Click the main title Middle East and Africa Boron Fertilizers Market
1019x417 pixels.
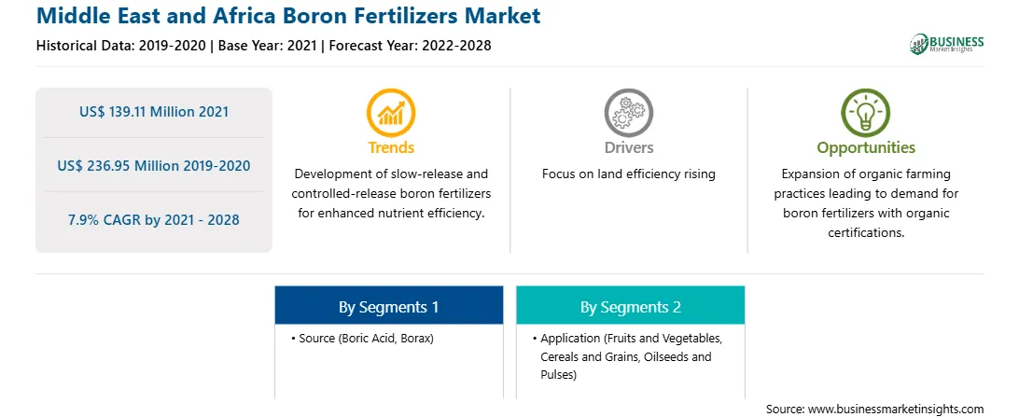point(288,16)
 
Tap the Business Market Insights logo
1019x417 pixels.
point(947,44)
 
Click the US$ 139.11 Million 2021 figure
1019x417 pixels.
point(154,112)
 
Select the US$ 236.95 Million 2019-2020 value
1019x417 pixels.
point(154,166)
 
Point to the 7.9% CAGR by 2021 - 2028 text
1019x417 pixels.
point(154,220)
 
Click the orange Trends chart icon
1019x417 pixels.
point(391,112)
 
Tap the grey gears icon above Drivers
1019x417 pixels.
point(628,112)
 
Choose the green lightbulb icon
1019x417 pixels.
point(866,112)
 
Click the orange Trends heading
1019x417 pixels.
point(391,147)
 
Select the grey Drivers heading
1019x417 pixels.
point(628,147)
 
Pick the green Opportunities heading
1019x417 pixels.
point(866,148)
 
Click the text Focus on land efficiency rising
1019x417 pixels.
point(628,174)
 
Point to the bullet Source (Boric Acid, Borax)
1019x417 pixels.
point(363,339)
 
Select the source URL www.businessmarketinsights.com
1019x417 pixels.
point(896,410)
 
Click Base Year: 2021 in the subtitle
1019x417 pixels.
point(267,46)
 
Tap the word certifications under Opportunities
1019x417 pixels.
point(866,233)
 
